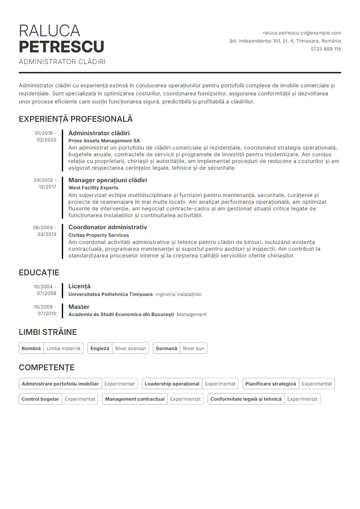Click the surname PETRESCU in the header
61,47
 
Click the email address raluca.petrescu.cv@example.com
302,33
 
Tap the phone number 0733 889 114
326,49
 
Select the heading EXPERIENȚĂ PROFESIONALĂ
76,119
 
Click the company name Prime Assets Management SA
104,141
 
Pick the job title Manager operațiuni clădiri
107,180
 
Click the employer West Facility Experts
93,188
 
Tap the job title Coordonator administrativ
107,227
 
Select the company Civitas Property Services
99,235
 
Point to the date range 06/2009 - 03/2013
45,231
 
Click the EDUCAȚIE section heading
39,273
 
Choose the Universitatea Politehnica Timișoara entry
110,295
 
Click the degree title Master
79,307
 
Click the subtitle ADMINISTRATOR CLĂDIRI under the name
62,62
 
